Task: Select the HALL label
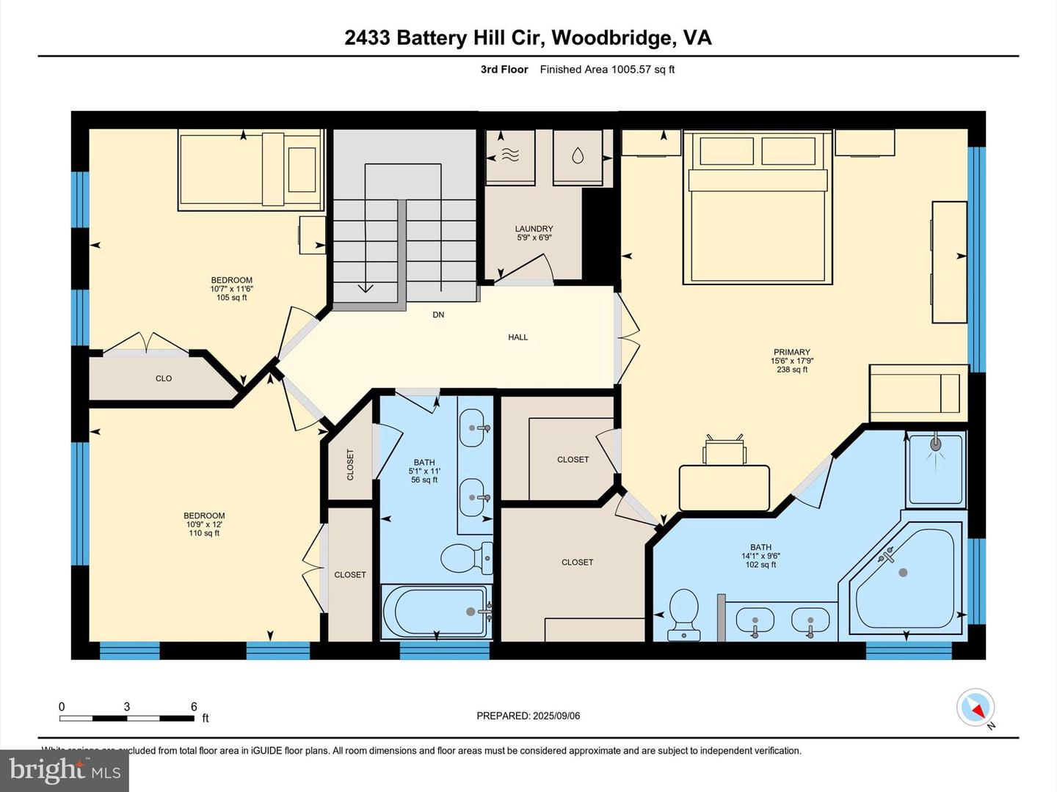[x=517, y=337]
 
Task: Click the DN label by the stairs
[x=438, y=315]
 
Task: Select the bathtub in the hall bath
[x=436, y=611]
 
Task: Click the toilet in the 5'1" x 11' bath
[x=467, y=559]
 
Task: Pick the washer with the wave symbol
[x=510, y=155]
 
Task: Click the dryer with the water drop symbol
[x=578, y=155]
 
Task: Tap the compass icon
[x=976, y=708]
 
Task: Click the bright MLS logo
[x=65, y=770]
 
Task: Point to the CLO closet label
[x=164, y=378]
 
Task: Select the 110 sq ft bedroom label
[x=204, y=524]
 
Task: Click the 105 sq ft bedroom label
[x=231, y=289]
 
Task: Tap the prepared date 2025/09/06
[x=528, y=716]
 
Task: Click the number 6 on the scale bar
[x=194, y=707]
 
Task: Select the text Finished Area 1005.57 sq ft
[x=607, y=70]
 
